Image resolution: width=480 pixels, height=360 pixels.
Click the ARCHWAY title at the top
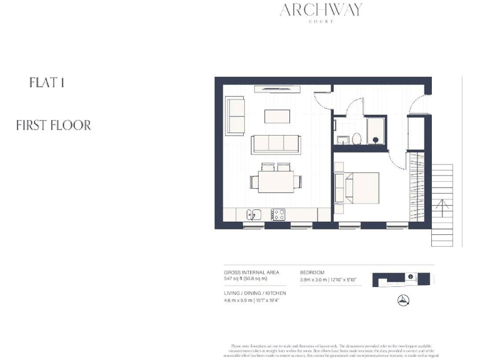pyautogui.click(x=321, y=10)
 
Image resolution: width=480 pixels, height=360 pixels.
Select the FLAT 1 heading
pyautogui.click(x=47, y=82)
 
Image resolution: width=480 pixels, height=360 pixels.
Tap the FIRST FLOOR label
pyautogui.click(x=54, y=125)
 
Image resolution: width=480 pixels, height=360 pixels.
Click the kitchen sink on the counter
pyautogui.click(x=254, y=215)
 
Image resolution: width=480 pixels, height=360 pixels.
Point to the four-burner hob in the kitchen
pyautogui.click(x=277, y=215)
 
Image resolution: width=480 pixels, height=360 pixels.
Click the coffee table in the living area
pyautogui.click(x=277, y=117)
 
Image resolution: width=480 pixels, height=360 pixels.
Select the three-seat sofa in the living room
pyautogui.click(x=277, y=144)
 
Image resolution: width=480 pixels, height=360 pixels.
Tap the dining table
pyautogui.click(x=277, y=182)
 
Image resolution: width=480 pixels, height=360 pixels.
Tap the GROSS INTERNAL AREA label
pyautogui.click(x=251, y=273)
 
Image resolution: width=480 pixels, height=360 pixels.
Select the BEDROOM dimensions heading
pyautogui.click(x=312, y=273)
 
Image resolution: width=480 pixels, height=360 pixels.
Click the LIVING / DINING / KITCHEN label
pyautogui.click(x=255, y=293)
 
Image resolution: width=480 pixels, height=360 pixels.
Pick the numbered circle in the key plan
pyautogui.click(x=409, y=276)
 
